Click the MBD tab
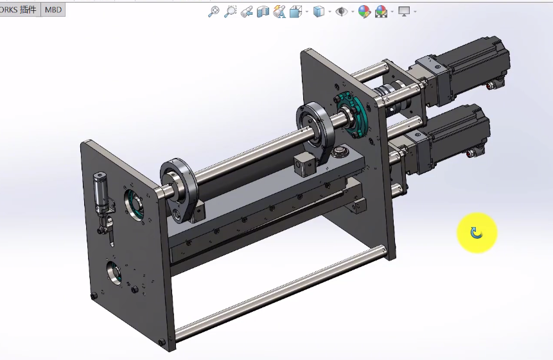(x=53, y=10)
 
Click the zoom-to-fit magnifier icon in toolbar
(x=214, y=12)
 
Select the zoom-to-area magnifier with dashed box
(x=230, y=12)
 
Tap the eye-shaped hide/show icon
(x=342, y=12)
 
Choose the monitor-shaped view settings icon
(x=404, y=12)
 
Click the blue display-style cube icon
(x=319, y=12)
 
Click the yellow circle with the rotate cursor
(x=477, y=232)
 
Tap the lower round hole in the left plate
(x=114, y=272)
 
